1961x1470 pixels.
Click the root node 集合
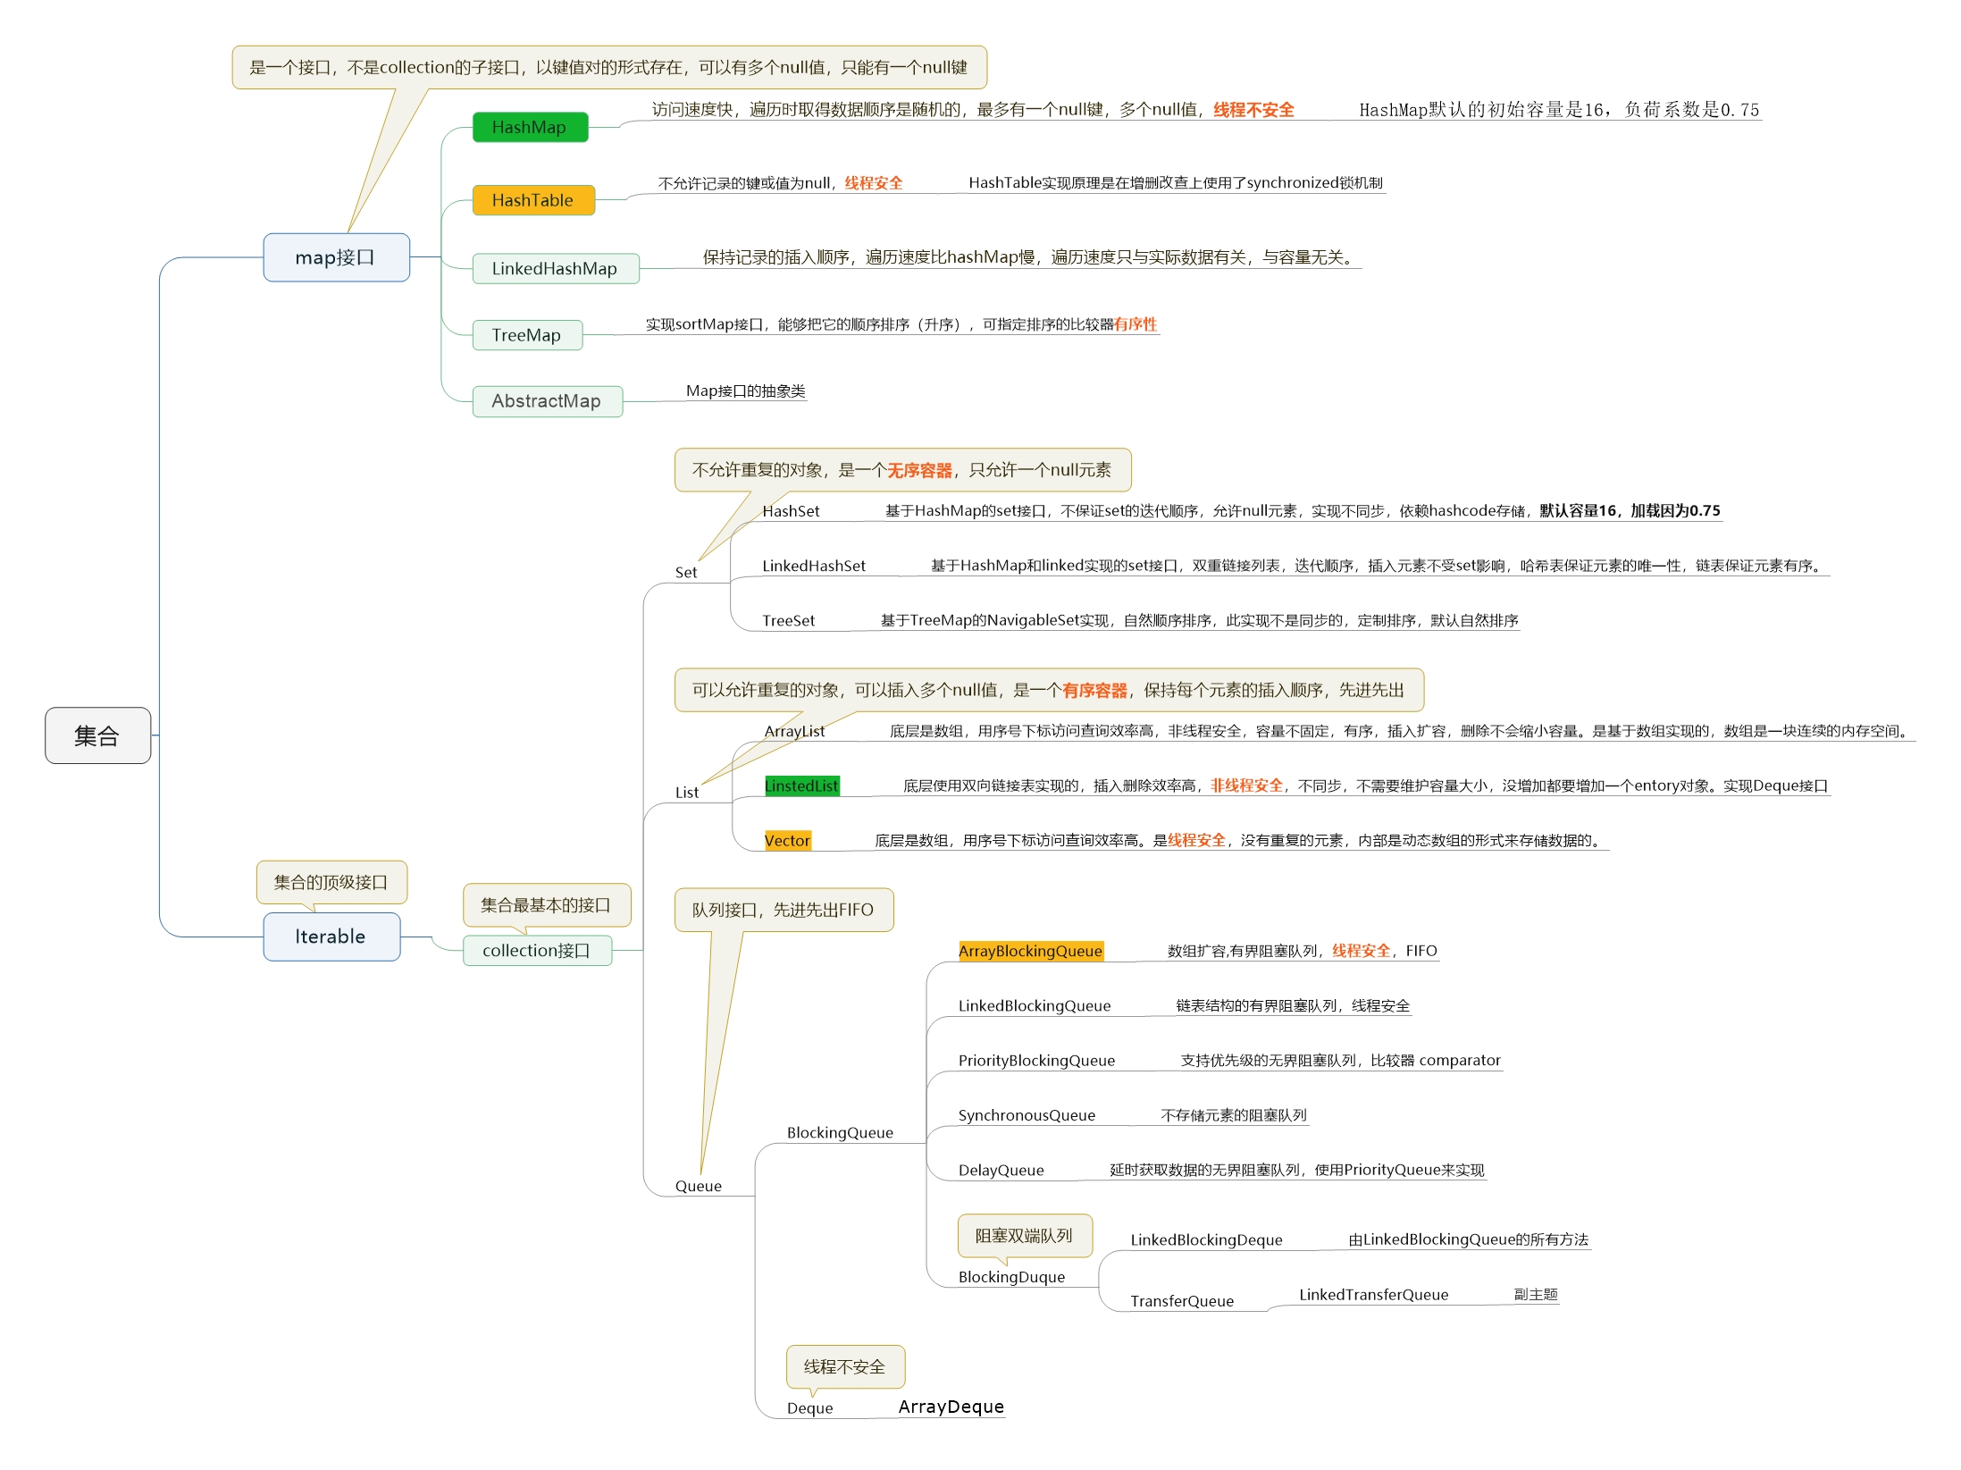click(97, 735)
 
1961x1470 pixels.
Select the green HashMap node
click(530, 127)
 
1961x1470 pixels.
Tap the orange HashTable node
click(532, 200)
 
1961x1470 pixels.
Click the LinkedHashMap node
click(555, 268)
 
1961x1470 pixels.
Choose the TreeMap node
click(526, 335)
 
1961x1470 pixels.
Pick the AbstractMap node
click(547, 401)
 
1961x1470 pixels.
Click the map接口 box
click(336, 257)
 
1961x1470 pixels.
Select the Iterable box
click(331, 937)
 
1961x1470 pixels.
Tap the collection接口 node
click(537, 950)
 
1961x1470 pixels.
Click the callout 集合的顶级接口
click(331, 882)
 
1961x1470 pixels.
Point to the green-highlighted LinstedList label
click(801, 785)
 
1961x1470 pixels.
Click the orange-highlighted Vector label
click(787, 840)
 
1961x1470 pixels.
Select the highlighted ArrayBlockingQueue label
click(1030, 951)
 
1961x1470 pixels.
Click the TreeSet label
click(788, 620)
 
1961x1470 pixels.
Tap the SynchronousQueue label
click(1027, 1115)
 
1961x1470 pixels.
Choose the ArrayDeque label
click(951, 1407)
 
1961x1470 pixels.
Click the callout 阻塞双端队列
click(1024, 1235)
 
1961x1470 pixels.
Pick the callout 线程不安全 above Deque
click(844, 1366)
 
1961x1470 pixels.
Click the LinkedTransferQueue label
click(1373, 1294)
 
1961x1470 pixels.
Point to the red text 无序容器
click(919, 470)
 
